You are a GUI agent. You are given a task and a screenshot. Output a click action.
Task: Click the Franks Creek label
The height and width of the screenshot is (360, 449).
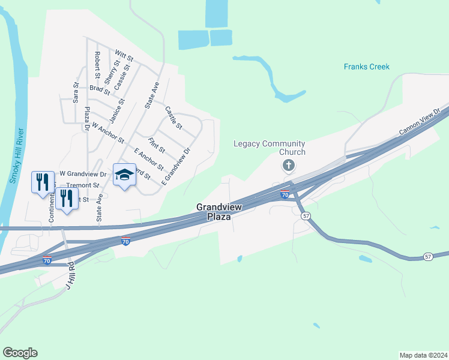pyautogui.click(x=367, y=67)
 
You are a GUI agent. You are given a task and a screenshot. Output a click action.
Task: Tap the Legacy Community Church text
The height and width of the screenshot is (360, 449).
pyautogui.click(x=270, y=148)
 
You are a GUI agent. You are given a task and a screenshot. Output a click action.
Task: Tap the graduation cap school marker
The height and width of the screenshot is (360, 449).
pyautogui.click(x=124, y=175)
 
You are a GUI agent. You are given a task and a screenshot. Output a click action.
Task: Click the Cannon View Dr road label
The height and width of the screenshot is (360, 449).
pyautogui.click(x=420, y=122)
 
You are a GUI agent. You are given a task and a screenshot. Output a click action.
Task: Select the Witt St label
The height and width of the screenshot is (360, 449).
pyautogui.click(x=124, y=58)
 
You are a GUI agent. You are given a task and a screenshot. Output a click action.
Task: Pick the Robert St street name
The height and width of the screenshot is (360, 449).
pyautogui.click(x=97, y=65)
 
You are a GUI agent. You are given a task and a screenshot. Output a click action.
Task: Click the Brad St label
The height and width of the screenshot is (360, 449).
pyautogui.click(x=100, y=90)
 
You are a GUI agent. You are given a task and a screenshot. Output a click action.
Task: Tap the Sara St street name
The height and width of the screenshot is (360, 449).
pyautogui.click(x=76, y=93)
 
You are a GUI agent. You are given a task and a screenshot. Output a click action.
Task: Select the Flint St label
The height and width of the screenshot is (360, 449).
pyautogui.click(x=157, y=145)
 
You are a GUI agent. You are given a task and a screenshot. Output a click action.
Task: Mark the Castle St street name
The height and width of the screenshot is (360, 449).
pyautogui.click(x=173, y=118)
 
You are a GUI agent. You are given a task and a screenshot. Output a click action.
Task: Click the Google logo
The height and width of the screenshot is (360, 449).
pyautogui.click(x=20, y=353)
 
